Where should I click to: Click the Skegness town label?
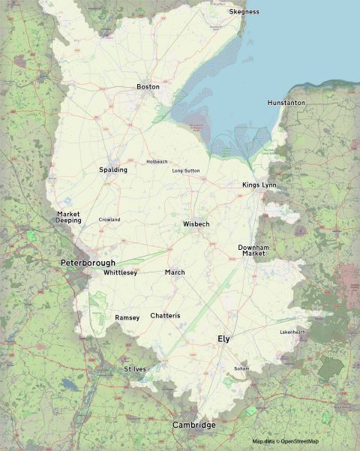pos(244,12)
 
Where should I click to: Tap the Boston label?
pos(148,87)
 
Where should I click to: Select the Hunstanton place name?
pos(286,102)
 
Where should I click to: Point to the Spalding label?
pos(113,170)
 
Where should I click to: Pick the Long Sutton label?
pos(186,171)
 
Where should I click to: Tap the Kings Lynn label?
pos(259,185)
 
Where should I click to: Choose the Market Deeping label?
pos(68,218)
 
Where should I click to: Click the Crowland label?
pos(109,220)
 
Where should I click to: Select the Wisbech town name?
pos(196,224)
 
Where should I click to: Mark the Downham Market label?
pos(253,251)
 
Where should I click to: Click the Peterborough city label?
pos(88,263)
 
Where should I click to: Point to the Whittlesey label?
pos(121,273)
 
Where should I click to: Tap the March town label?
pos(175,272)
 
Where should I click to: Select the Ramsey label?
pos(127,318)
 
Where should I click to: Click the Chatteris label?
pos(165,316)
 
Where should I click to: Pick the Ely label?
pos(223,339)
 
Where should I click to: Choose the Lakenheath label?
pos(293,332)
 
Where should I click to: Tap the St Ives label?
pos(135,369)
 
